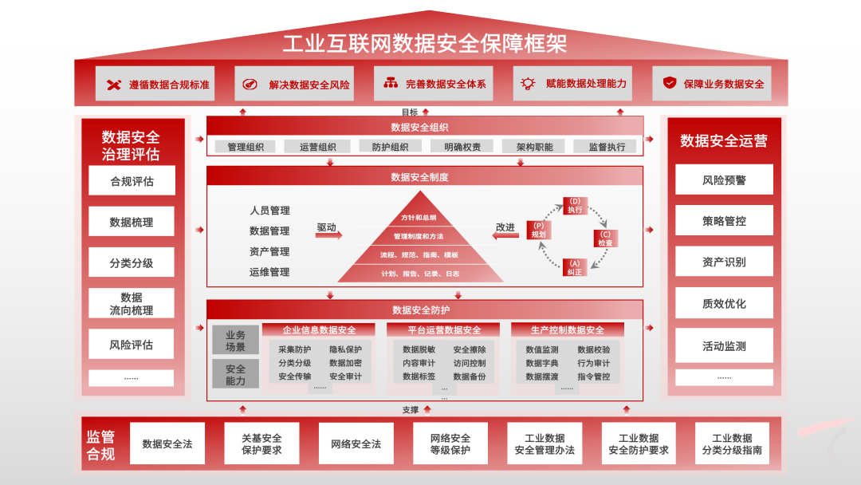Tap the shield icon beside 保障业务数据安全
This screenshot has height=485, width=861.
tap(670, 83)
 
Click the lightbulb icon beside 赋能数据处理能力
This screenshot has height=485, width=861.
tap(527, 83)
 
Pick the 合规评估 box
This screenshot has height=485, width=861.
tap(132, 181)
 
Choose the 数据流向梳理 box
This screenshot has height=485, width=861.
tap(132, 304)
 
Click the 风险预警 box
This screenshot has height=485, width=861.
tap(724, 180)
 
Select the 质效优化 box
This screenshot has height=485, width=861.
tap(724, 304)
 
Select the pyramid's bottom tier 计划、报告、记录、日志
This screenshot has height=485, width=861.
tap(419, 274)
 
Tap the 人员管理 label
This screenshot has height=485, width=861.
tap(269, 211)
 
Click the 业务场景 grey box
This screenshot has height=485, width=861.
tap(235, 341)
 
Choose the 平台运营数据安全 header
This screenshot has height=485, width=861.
tap(443, 329)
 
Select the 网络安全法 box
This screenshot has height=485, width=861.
tap(356, 444)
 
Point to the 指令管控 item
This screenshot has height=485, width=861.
tap(593, 377)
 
